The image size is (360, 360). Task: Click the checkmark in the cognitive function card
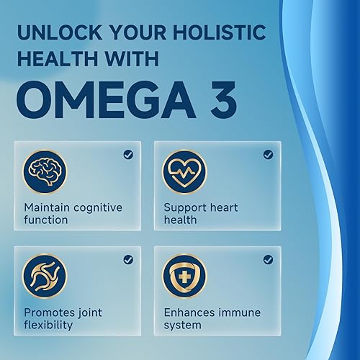128,154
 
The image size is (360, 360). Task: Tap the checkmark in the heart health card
268,154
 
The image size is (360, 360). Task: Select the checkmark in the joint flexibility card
128,259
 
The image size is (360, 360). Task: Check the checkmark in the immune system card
268,259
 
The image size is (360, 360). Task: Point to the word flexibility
48,325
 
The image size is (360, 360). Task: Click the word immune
243,312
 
